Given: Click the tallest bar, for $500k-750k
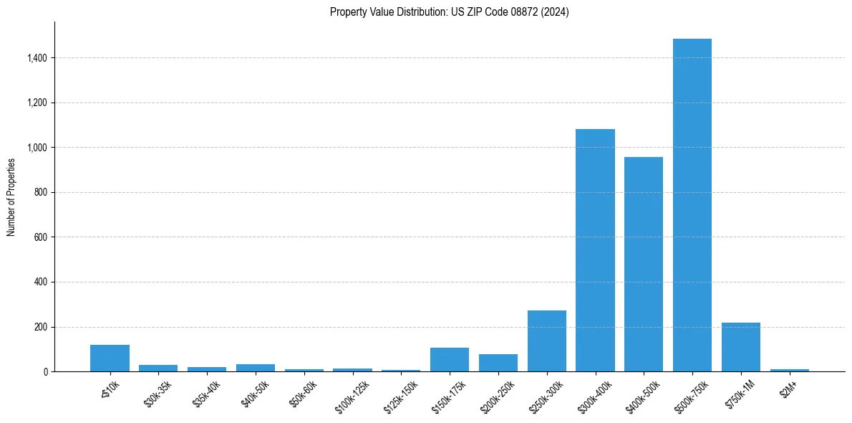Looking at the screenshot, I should [x=692, y=205].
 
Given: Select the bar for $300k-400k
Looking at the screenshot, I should [x=595, y=250].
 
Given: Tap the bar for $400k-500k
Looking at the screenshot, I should [x=644, y=264].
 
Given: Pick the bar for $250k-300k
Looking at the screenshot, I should [x=547, y=341].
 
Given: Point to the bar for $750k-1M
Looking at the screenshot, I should [x=741, y=347].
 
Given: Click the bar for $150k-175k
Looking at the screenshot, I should [x=450, y=360].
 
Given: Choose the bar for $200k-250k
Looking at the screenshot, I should [x=498, y=363].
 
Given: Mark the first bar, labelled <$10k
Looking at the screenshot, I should [x=110, y=358].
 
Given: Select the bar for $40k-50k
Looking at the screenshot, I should [x=256, y=368].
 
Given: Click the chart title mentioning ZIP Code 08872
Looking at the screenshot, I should [x=449, y=12].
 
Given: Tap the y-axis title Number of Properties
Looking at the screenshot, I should [x=11, y=196].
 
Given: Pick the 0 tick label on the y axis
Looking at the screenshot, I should [x=45, y=372].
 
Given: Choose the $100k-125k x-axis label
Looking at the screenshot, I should [x=352, y=396].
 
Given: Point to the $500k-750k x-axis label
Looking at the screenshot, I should [x=692, y=396].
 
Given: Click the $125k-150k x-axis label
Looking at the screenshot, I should [x=400, y=396].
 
